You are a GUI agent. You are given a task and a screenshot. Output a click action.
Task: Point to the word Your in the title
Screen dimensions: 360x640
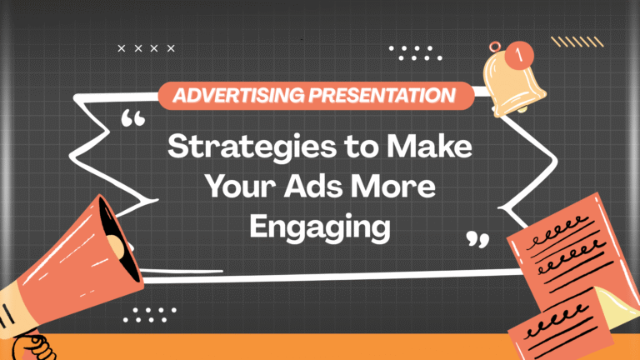click(x=247, y=187)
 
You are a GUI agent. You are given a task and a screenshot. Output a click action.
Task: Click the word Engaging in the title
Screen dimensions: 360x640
click(x=320, y=227)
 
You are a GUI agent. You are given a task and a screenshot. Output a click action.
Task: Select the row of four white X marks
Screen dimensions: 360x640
click(x=147, y=48)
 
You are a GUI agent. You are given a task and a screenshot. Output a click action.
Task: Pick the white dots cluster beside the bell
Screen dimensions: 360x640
click(x=416, y=52)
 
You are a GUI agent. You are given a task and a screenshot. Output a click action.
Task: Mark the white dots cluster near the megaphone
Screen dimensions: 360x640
click(x=149, y=313)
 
